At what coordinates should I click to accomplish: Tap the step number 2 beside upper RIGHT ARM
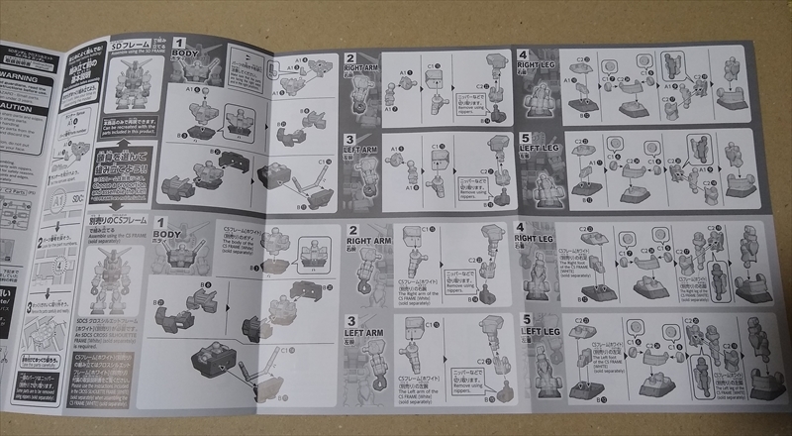(x=349, y=58)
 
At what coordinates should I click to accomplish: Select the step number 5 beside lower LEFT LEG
(x=522, y=319)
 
